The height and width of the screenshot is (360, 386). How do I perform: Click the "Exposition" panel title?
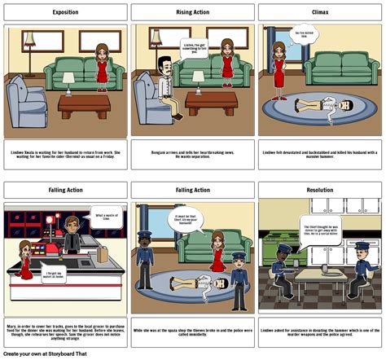(x=65, y=12)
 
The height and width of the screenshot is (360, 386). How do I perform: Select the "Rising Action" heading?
(x=193, y=12)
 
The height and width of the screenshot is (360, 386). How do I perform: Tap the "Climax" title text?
(x=320, y=12)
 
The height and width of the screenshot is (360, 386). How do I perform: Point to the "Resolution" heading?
(x=320, y=190)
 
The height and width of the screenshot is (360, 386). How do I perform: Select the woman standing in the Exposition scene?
(x=102, y=69)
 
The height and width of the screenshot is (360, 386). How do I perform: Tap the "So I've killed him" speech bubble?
(x=303, y=34)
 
